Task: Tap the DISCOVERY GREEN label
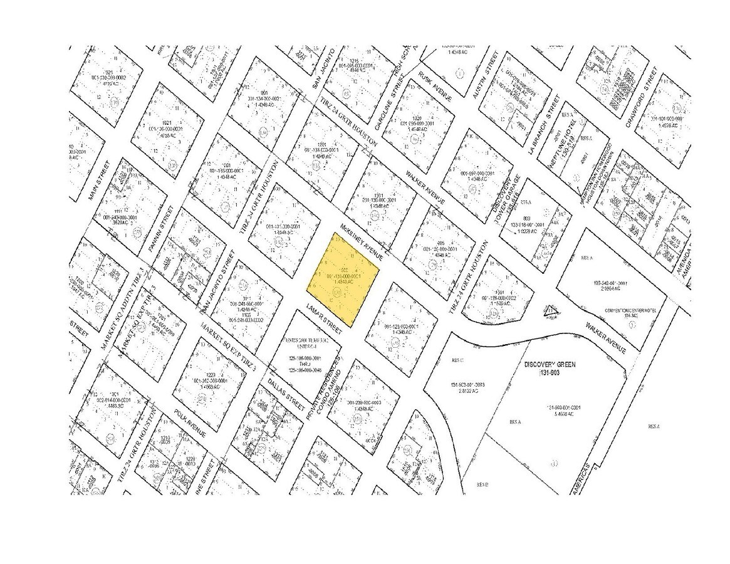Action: coord(549,364)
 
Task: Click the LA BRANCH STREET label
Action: coord(543,125)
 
